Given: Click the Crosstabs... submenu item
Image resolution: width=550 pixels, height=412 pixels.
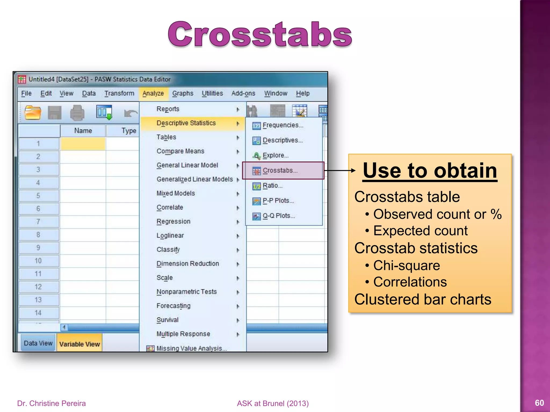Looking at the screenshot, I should coord(280,171).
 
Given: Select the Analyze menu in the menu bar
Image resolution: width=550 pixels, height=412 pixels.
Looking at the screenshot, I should coord(153,93).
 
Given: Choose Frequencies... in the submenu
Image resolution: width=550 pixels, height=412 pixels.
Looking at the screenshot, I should coord(283,125).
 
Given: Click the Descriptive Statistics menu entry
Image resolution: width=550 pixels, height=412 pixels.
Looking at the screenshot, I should coord(186,123).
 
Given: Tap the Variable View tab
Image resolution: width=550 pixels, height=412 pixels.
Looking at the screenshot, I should coord(79,344).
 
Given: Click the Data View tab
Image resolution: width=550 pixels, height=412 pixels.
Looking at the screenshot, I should coord(38,343).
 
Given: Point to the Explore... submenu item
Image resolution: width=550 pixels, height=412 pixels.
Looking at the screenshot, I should coord(275,156).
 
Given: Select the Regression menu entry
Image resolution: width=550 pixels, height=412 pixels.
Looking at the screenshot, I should coord(173,222).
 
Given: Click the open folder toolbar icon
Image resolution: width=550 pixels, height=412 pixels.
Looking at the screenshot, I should coord(33,112).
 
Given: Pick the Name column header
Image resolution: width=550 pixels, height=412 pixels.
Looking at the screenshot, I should coord(83,131).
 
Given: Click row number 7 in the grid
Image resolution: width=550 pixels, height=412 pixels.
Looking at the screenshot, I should coord(38,222).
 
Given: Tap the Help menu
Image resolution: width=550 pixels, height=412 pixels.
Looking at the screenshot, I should coord(303,93).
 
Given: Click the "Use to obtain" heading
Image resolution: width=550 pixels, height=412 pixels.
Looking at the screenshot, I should coord(430,171).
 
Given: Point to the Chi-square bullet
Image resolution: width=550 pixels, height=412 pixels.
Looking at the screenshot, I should coord(406,266).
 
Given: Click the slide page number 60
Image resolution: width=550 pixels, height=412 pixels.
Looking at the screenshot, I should coord(539,403).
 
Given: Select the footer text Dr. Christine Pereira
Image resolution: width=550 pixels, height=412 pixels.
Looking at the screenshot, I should coord(51,403).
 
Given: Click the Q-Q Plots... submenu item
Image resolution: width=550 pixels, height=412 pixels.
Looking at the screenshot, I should coord(278,216).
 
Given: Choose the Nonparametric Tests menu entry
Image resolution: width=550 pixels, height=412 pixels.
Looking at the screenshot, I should coord(187,292).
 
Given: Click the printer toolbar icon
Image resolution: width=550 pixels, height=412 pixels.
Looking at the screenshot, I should coord(77,113).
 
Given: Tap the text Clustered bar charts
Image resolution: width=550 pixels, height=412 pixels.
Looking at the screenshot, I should coord(423,299).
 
